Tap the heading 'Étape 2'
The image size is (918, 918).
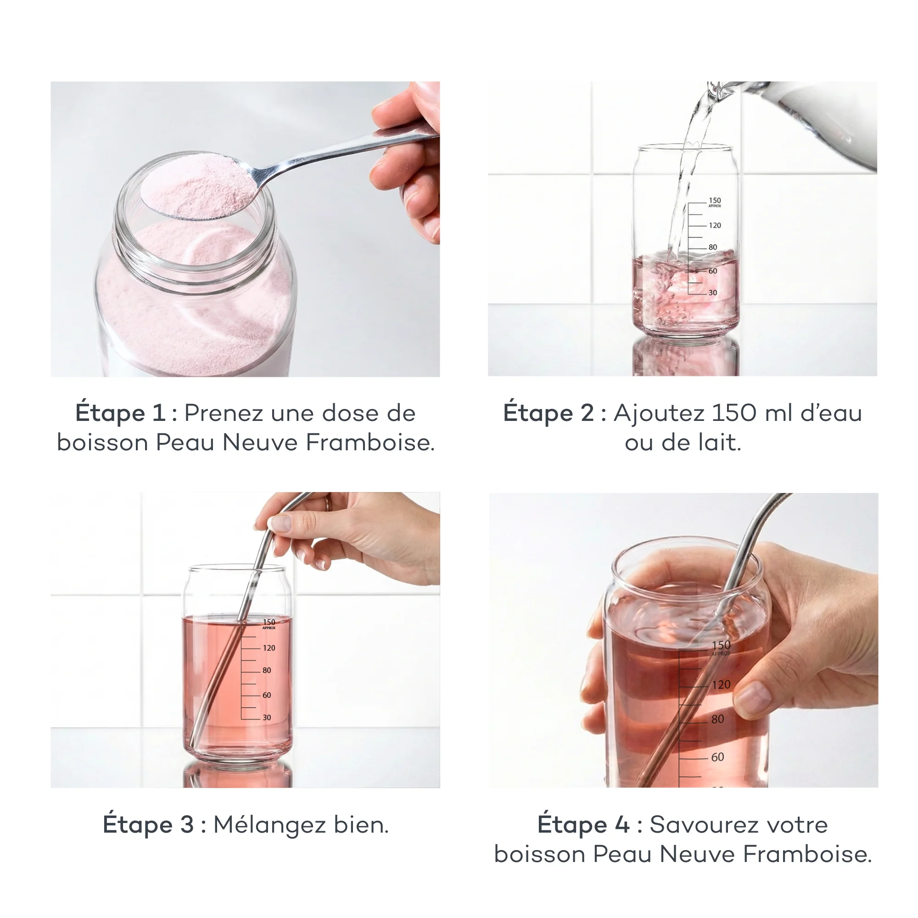tap(549, 413)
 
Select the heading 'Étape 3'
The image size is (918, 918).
tap(148, 824)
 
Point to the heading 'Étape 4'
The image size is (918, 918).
tap(583, 824)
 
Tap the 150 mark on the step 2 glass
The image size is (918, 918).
tap(715, 201)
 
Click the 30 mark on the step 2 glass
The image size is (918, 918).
tap(713, 293)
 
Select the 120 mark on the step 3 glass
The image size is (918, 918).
tap(269, 648)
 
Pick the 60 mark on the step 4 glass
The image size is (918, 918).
tap(717, 757)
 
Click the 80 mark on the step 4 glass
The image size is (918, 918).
tap(717, 719)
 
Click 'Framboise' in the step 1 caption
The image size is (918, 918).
tap(369, 443)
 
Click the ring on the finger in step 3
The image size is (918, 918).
tap(327, 503)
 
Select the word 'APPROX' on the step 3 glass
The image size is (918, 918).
tap(269, 628)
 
